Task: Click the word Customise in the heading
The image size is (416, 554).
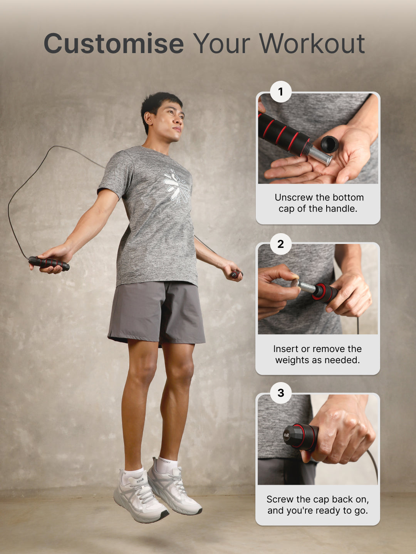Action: [x=114, y=43]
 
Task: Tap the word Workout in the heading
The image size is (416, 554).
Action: [x=312, y=43]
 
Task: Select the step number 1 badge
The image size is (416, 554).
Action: [x=280, y=92]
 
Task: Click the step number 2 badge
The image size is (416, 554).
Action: [x=280, y=244]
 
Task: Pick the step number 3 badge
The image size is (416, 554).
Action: [x=281, y=393]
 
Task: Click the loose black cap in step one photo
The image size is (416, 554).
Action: [x=329, y=144]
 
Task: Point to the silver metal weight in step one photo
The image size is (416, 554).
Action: [x=320, y=155]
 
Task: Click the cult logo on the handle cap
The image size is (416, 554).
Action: [x=286, y=435]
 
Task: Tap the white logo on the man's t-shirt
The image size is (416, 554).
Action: [x=176, y=186]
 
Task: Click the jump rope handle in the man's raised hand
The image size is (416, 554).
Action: [x=49, y=263]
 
